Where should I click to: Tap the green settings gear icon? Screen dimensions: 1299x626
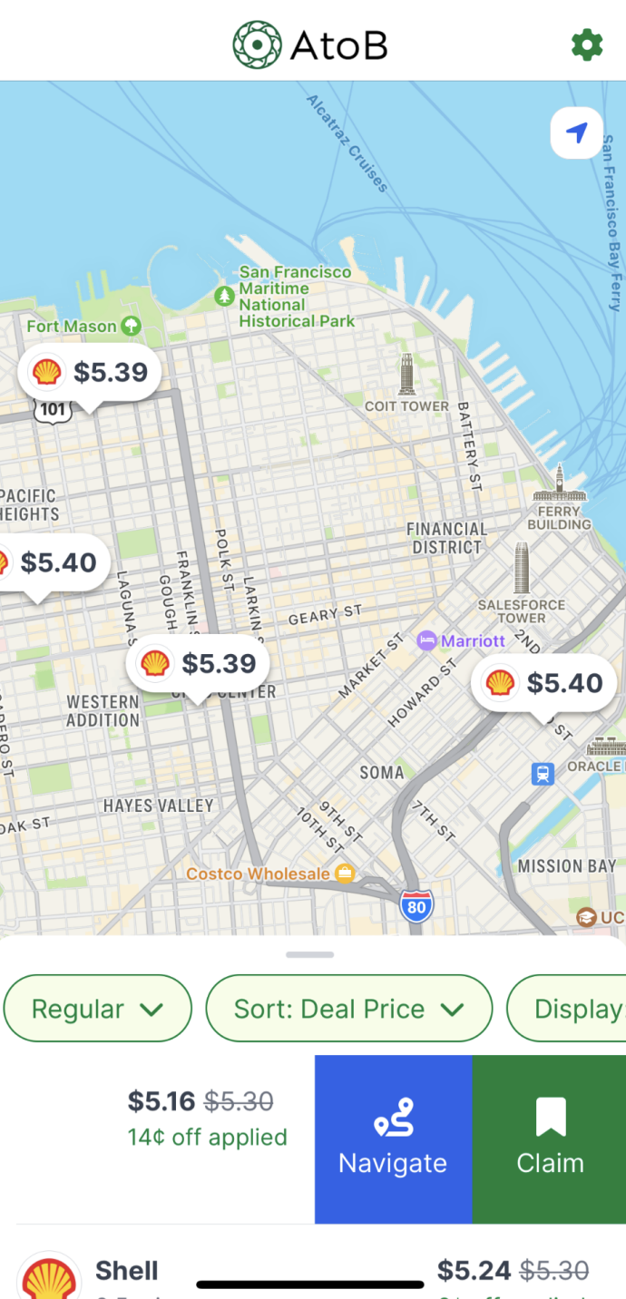[587, 44]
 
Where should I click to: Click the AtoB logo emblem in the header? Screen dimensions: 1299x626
[257, 44]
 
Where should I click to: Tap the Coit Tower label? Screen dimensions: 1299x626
[406, 405]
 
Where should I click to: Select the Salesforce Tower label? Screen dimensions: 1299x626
[522, 610]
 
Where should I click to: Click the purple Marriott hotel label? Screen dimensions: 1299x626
[461, 641]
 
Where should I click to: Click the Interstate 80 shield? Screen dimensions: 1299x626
[416, 904]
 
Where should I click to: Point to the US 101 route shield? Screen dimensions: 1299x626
[53, 409]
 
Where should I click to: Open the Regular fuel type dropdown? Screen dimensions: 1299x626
[98, 1009]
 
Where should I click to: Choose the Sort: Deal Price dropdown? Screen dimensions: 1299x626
[349, 1009]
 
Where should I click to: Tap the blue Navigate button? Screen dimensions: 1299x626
[393, 1139]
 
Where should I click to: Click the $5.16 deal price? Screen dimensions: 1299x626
[161, 1101]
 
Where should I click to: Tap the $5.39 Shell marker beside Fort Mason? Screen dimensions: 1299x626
[90, 372]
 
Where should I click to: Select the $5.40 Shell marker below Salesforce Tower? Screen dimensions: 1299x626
[543, 683]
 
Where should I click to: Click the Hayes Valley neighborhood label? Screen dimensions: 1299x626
[159, 806]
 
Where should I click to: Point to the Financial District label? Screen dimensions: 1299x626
[446, 538]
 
